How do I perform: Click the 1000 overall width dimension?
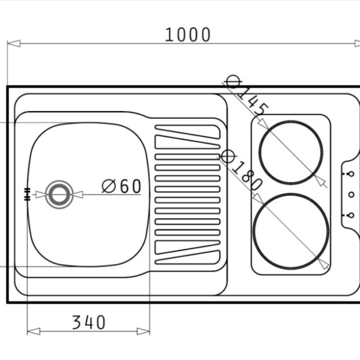point(188,35)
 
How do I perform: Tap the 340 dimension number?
point(89,323)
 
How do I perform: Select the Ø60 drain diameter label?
point(121,187)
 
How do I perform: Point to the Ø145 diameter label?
point(245,96)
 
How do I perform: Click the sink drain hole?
point(59,194)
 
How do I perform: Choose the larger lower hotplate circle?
point(291,231)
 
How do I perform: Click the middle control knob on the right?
point(350,194)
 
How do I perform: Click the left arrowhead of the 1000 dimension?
point(13,43)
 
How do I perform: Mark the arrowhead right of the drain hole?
point(77,194)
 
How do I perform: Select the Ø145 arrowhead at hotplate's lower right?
point(320,180)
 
